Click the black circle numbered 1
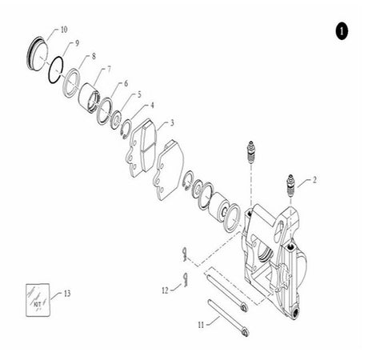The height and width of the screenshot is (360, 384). (342, 31)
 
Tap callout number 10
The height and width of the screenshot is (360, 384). (64, 30)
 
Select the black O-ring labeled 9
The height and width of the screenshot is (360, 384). (56, 70)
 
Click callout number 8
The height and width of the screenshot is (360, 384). (94, 57)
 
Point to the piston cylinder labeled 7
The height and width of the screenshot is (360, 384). (90, 98)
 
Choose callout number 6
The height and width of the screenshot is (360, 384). (126, 83)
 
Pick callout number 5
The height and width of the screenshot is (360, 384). (139, 94)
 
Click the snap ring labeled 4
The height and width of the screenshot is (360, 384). (126, 129)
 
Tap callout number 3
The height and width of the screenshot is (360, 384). (172, 123)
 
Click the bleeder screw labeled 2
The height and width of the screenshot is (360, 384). (290, 186)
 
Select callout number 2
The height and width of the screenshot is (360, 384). (314, 180)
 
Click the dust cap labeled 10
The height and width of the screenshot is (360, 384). (38, 54)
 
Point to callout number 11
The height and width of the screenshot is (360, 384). (201, 325)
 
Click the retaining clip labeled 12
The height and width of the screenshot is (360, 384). (186, 280)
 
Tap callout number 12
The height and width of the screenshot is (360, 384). (166, 290)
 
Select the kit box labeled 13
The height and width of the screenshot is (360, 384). (38, 300)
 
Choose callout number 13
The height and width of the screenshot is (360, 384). (67, 294)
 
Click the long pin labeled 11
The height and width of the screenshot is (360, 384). (228, 318)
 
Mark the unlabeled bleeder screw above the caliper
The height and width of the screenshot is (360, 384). (251, 153)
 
